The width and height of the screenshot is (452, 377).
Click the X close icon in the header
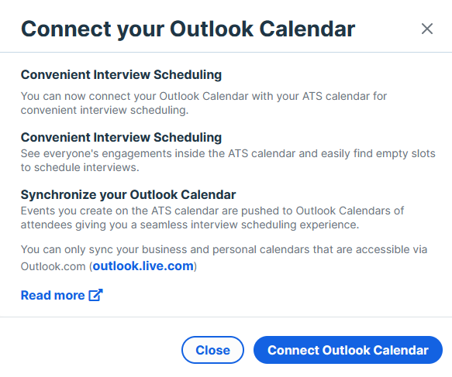[x=427, y=29]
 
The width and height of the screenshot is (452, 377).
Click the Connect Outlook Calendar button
[x=348, y=350]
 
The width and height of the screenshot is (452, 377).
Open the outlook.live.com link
[x=143, y=266]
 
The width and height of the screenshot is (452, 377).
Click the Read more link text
[x=53, y=295]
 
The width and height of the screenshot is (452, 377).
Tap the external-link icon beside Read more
[x=95, y=295]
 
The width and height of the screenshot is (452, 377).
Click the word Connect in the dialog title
[x=66, y=29]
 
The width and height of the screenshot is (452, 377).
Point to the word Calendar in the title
[x=307, y=29]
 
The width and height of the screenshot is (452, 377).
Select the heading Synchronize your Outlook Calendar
[x=128, y=195]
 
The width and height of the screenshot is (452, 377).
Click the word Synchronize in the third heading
[x=58, y=195]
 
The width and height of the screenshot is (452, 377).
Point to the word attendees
[x=46, y=224]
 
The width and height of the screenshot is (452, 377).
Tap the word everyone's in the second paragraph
[x=71, y=154]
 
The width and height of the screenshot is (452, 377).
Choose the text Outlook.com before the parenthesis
[x=53, y=266]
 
